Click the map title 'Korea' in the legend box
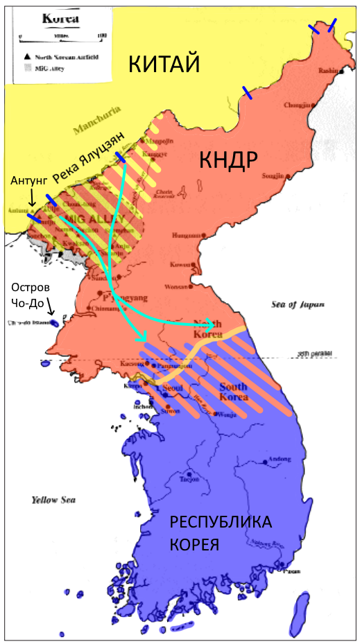60,19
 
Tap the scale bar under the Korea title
61,35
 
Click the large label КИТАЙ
164,65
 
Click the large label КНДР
228,160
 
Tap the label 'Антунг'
28,181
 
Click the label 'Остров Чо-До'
28,294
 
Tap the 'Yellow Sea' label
53,500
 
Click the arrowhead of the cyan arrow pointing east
209,324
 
